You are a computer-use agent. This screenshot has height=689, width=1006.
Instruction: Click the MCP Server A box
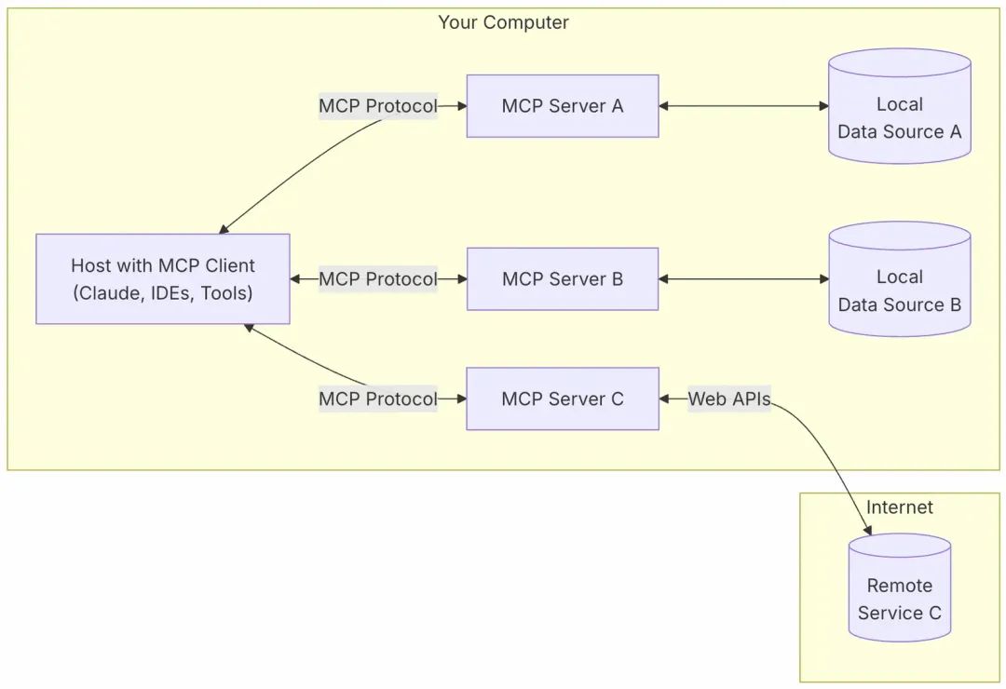click(562, 106)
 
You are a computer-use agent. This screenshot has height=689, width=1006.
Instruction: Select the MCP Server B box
click(562, 278)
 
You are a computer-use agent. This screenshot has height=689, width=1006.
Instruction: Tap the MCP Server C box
click(562, 399)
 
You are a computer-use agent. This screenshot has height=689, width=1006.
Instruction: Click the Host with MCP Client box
click(163, 278)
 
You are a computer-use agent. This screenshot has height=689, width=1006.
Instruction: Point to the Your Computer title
click(503, 22)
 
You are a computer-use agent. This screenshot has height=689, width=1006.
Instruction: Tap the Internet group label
click(899, 507)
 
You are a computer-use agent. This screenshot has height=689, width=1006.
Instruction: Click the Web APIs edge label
click(729, 399)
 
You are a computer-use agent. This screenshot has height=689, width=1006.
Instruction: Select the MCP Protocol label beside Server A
click(377, 106)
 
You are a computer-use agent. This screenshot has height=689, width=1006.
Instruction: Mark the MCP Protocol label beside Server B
click(377, 278)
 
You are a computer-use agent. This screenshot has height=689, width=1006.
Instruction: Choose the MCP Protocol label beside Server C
click(377, 399)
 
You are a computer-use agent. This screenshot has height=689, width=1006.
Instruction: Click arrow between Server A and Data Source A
click(743, 106)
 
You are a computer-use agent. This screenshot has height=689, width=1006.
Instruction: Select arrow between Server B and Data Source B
click(743, 278)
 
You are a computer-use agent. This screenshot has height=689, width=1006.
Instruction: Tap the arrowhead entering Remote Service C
click(868, 531)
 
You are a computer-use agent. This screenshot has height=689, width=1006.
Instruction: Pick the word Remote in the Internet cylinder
click(899, 586)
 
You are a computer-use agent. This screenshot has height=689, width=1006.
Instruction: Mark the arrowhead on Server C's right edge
click(665, 399)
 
